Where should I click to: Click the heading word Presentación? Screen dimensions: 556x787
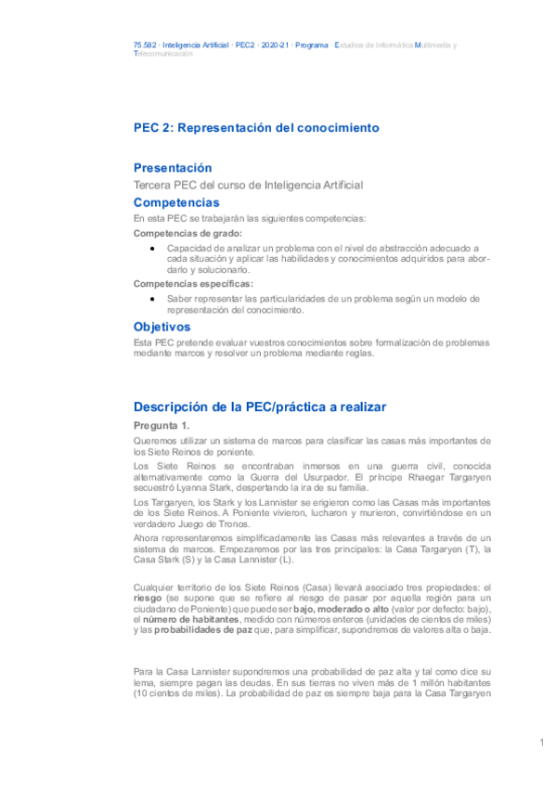[173, 168]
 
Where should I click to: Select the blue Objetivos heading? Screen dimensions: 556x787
[162, 327]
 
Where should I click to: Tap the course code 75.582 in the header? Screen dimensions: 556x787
[145, 45]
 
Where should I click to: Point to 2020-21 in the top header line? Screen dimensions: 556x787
[275, 45]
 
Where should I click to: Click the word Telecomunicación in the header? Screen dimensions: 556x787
[163, 54]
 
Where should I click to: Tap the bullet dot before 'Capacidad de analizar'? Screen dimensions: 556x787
[151, 249]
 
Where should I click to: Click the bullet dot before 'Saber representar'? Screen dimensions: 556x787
[151, 299]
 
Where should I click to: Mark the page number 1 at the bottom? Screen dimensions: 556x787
[540, 743]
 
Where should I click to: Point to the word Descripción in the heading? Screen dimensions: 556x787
[174, 406]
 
